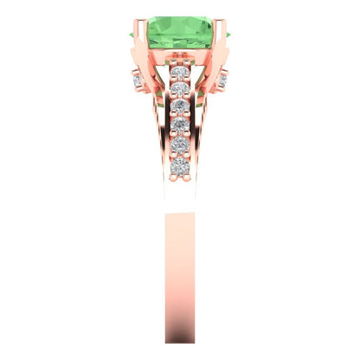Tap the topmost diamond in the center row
[x=180, y=73]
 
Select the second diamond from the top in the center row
[x=180, y=88]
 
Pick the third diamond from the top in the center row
[x=180, y=106]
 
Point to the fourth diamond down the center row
[x=180, y=125]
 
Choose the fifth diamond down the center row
[x=180, y=145]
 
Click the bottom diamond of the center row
[x=180, y=165]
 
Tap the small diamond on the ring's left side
[x=138, y=80]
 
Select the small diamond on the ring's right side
[x=222, y=80]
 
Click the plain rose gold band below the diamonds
[x=180, y=260]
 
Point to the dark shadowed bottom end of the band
[x=180, y=342]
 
